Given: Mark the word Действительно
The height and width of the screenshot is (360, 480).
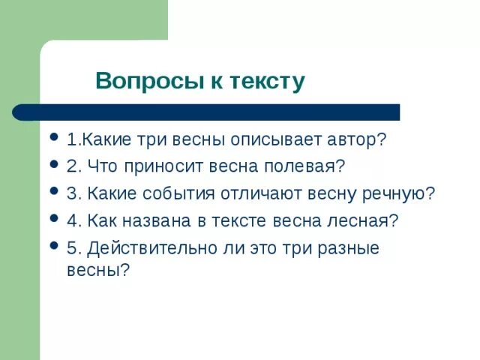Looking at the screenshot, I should coord(149,248).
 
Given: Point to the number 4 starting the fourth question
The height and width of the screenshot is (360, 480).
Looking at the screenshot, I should coord(70,221).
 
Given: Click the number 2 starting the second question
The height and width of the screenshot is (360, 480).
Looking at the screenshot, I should coord(70,166).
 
